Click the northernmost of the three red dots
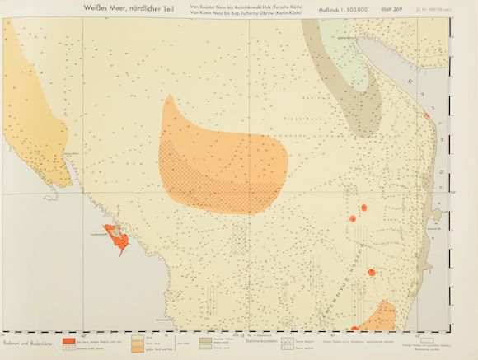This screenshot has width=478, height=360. click(363, 207)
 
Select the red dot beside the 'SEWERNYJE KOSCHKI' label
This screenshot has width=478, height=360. click(372, 272)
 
